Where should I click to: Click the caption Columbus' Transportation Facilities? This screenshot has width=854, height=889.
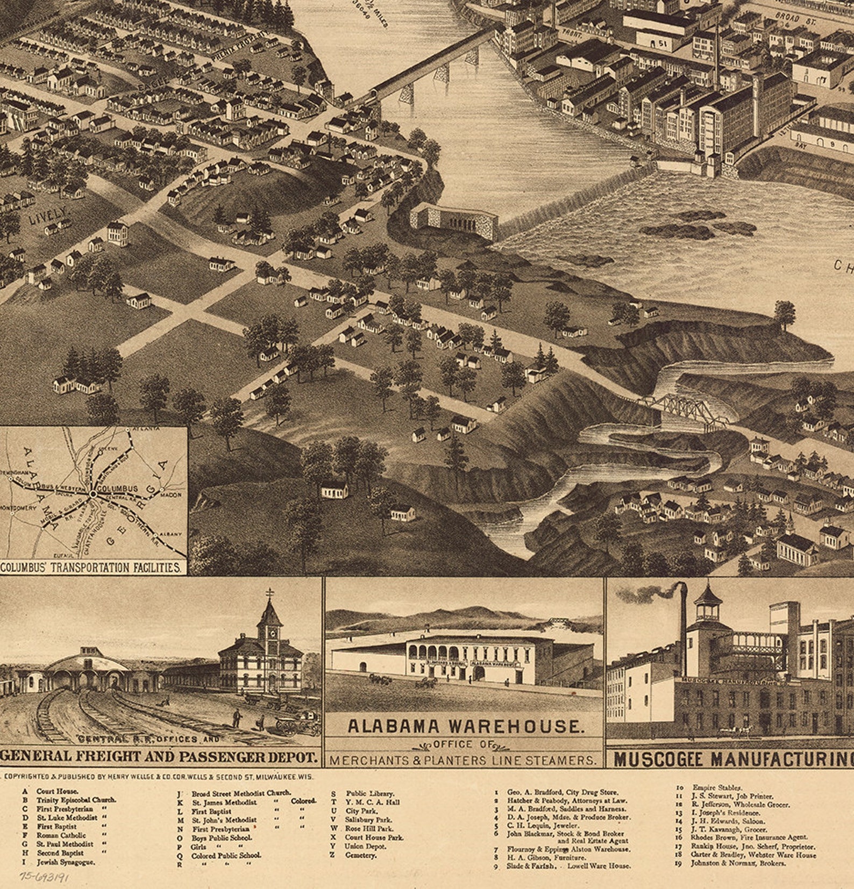pyautogui.click(x=90, y=568)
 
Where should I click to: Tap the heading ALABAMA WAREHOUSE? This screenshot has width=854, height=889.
pyautogui.click(x=466, y=727)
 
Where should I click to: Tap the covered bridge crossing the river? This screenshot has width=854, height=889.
pyautogui.click(x=430, y=62)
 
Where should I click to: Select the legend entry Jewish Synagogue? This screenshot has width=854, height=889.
pyautogui.click(x=66, y=862)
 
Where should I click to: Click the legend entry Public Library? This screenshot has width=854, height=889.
pyautogui.click(x=369, y=793)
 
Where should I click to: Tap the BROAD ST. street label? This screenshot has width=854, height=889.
pyautogui.click(x=788, y=16)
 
